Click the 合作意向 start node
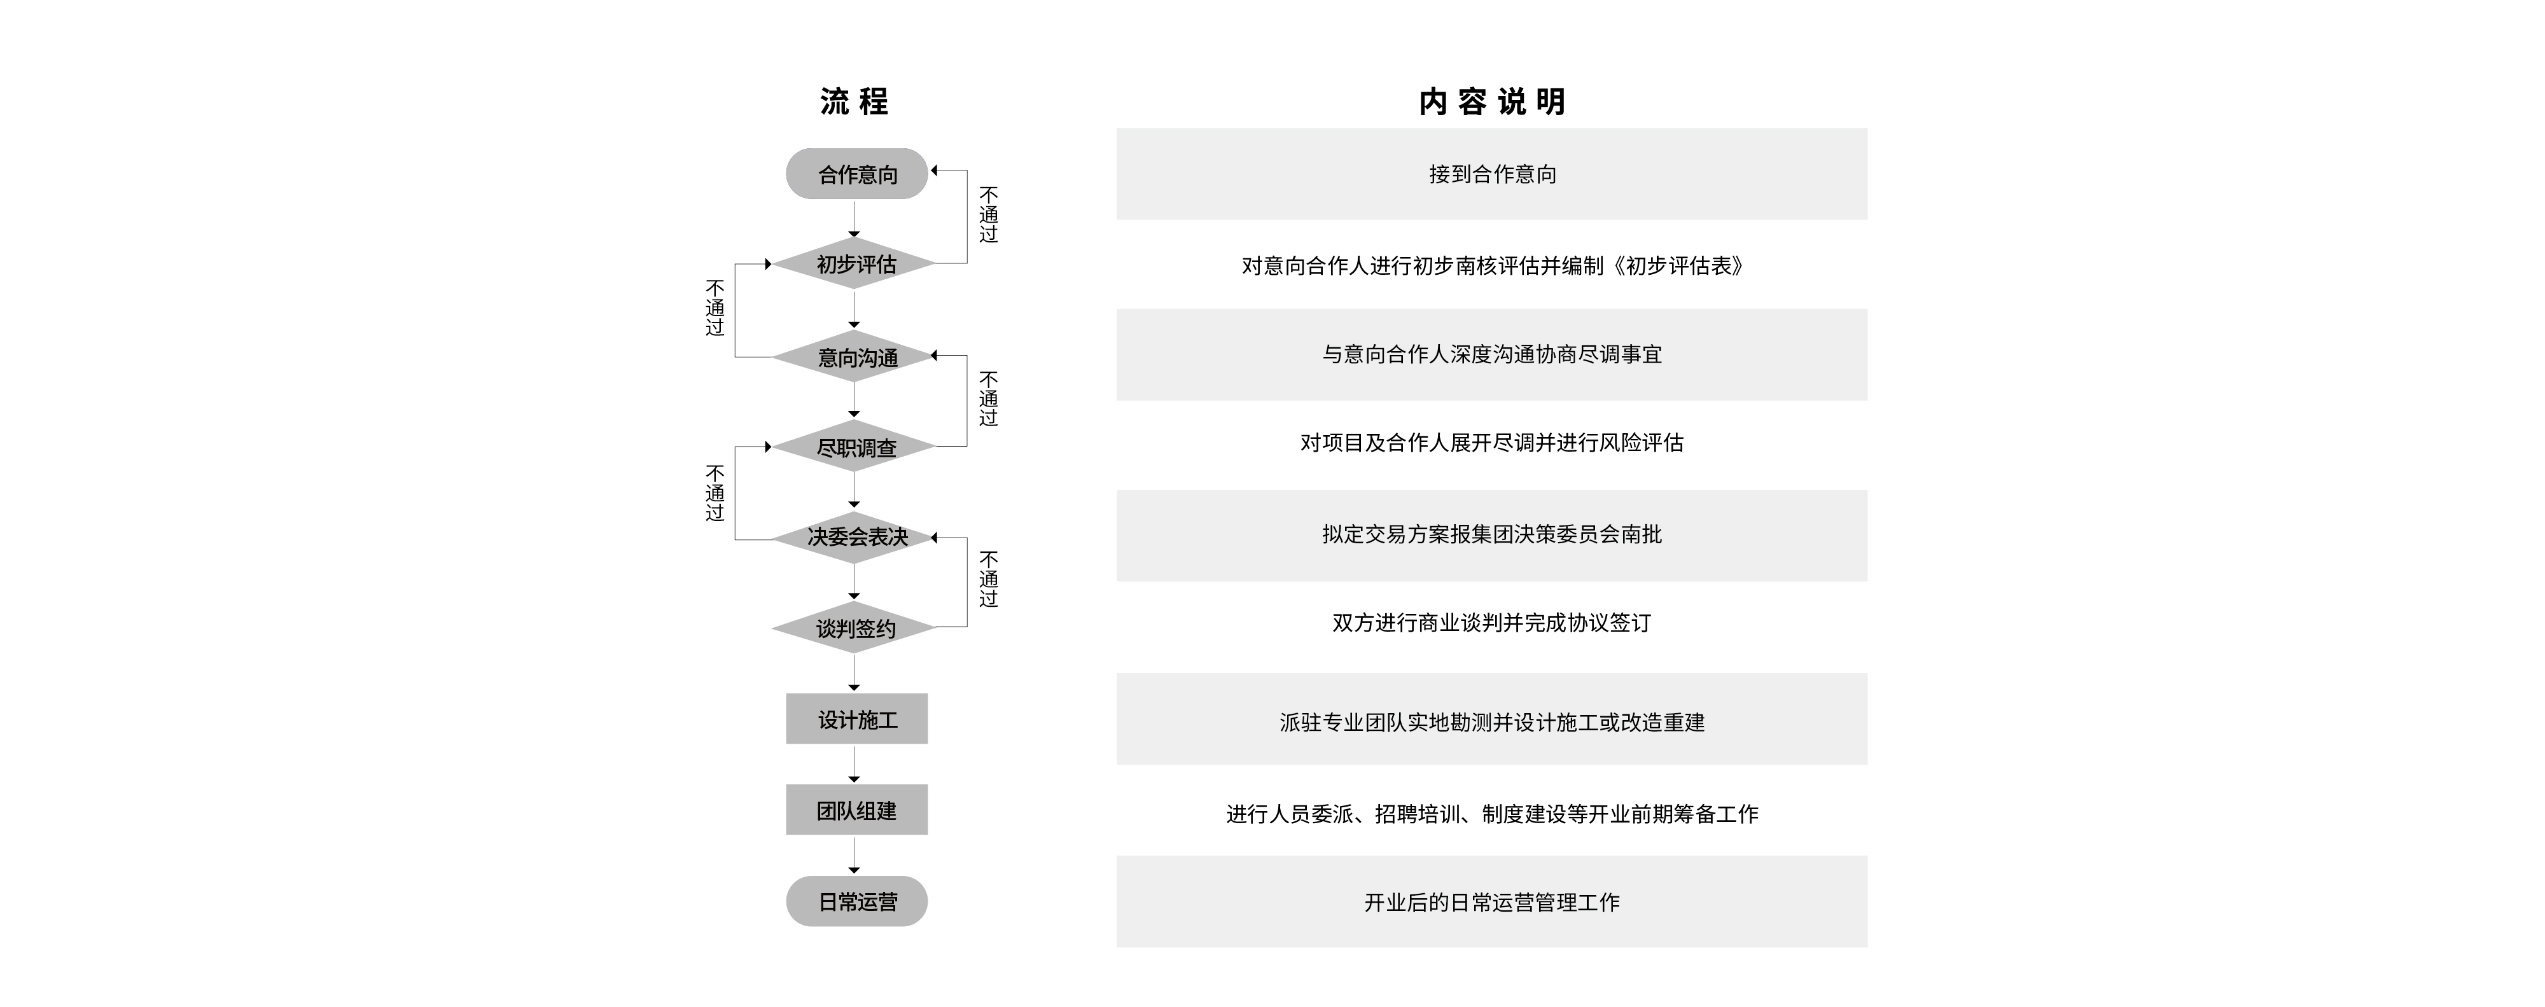point(856,174)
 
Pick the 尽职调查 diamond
point(854,447)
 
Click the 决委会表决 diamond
point(854,538)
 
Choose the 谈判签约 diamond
point(854,627)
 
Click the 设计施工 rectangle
point(856,718)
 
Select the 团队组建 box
point(856,809)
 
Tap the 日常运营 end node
point(856,901)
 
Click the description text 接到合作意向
point(1492,174)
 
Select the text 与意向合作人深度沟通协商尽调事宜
point(1492,354)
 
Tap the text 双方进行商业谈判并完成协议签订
point(1492,623)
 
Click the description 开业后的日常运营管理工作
point(1492,902)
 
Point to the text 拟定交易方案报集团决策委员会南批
point(1492,534)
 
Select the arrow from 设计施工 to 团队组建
point(854,765)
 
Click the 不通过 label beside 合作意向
point(988,214)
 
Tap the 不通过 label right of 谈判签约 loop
point(988,579)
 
